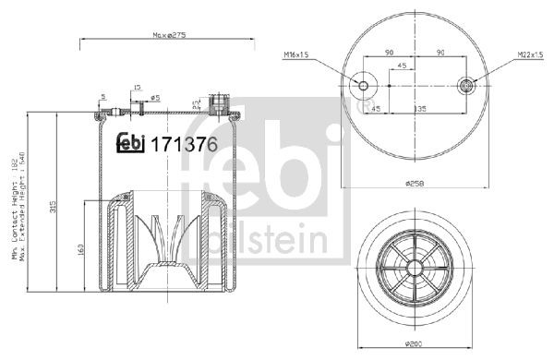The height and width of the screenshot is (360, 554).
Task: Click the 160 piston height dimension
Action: click(x=83, y=249)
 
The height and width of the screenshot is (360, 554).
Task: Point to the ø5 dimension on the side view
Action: click(x=154, y=97)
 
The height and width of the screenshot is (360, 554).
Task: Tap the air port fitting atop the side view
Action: click(x=220, y=102)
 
